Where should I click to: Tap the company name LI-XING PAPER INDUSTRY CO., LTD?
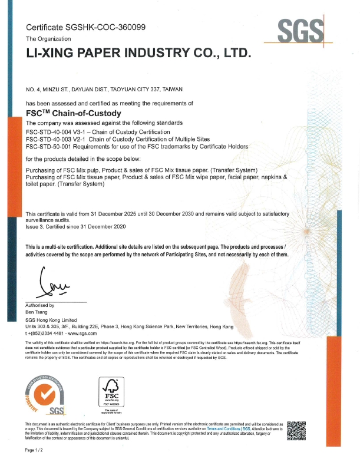[x=139, y=53]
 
